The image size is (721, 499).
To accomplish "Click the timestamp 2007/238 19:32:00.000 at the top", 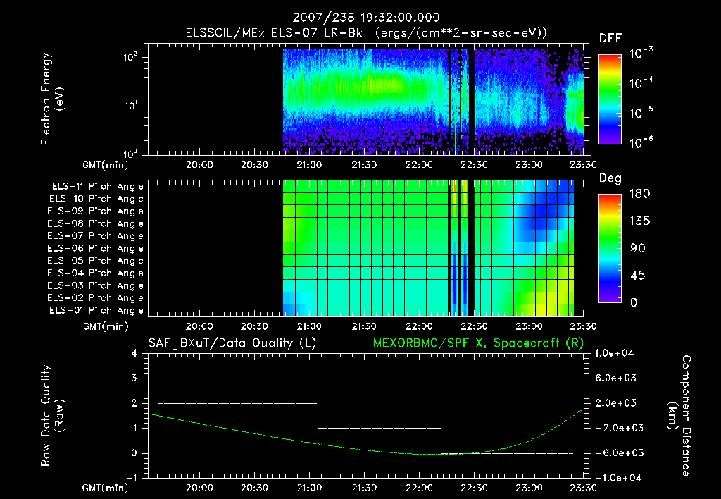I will pyautogui.click(x=360, y=16).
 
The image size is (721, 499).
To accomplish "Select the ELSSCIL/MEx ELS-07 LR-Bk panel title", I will pyautogui.click(x=360, y=32).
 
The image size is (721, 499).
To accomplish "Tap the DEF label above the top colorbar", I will pyautogui.click(x=610, y=39).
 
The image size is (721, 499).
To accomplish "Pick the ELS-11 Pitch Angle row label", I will pyautogui.click(x=97, y=186).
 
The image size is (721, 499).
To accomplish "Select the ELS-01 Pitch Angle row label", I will pyautogui.click(x=97, y=310).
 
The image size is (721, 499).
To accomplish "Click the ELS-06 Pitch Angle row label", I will pyautogui.click(x=97, y=248).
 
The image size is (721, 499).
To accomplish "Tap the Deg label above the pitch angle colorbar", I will pyautogui.click(x=610, y=178).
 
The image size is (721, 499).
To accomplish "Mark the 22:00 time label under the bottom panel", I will pyautogui.click(x=419, y=487).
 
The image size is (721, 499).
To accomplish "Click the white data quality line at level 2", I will pyautogui.click(x=237, y=403).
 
